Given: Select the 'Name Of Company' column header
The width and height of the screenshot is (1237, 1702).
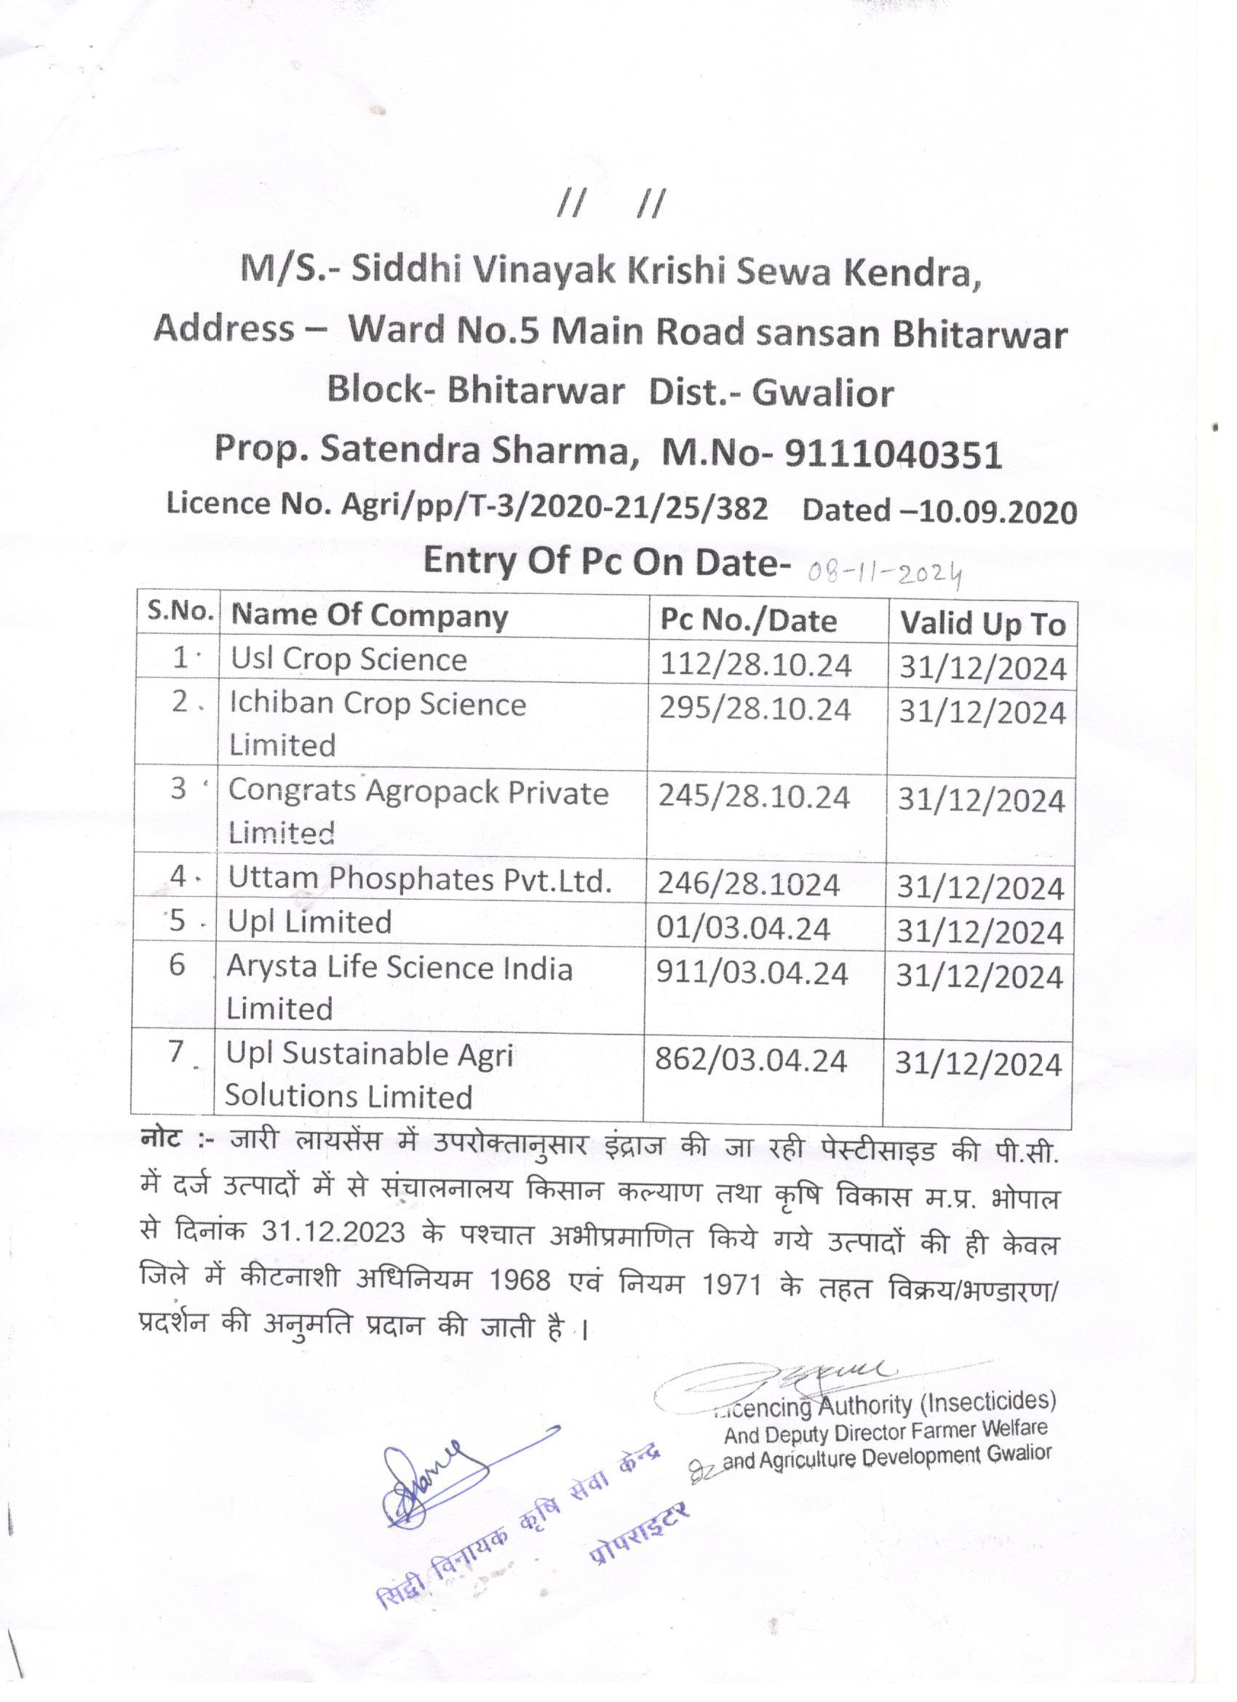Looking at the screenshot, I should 369,616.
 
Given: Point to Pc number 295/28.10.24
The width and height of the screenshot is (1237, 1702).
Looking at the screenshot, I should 755,709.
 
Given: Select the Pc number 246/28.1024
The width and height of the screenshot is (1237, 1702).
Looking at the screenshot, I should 748,884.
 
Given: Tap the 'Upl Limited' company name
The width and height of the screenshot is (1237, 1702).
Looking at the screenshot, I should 310,922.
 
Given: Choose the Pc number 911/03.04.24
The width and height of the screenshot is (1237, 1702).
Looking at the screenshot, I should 752,973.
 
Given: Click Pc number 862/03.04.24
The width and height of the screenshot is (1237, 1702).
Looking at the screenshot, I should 750,1061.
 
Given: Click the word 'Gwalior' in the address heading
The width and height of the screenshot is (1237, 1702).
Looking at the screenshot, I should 823,392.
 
